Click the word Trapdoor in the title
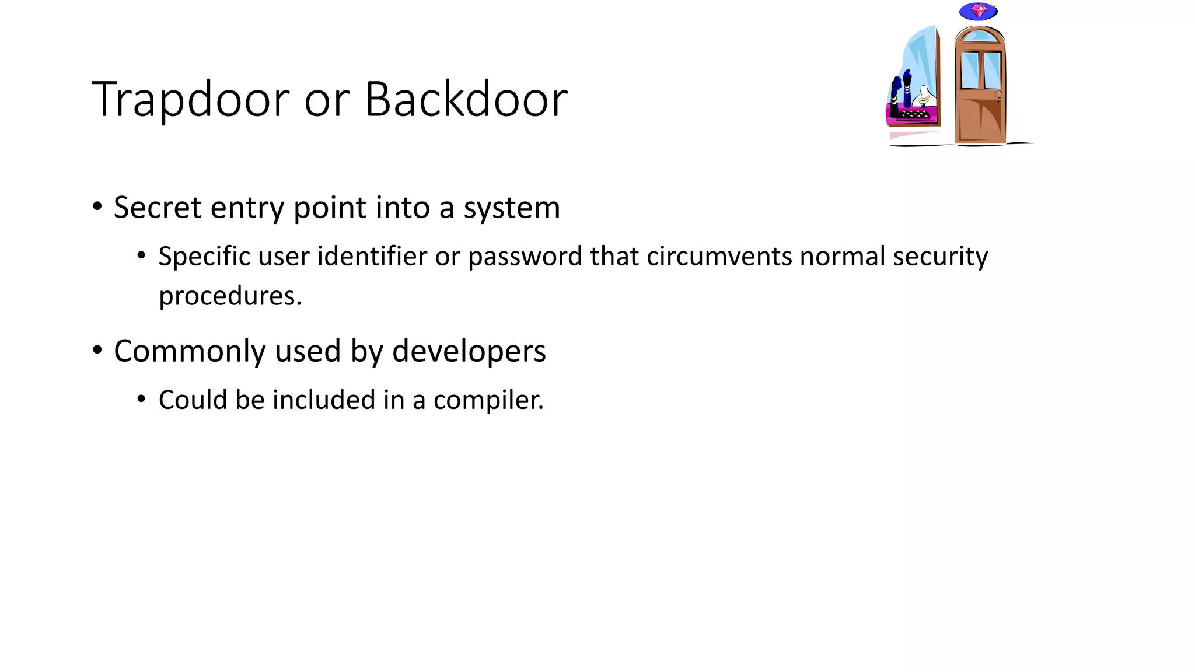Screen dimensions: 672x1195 tap(190, 100)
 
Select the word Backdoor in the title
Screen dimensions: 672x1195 tap(466, 100)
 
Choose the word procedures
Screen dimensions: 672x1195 tap(230, 296)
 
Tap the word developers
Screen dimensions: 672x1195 tap(469, 351)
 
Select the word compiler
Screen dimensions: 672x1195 tap(488, 401)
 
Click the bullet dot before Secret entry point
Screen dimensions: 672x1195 tap(97, 206)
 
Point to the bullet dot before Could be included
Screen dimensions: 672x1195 tap(141, 400)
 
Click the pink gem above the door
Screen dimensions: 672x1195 tap(979, 11)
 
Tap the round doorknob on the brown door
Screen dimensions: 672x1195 tap(998, 94)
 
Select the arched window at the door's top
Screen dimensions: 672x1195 tap(979, 37)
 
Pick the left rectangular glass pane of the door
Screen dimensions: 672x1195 tap(969, 70)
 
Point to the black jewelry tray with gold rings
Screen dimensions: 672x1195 tap(913, 114)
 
